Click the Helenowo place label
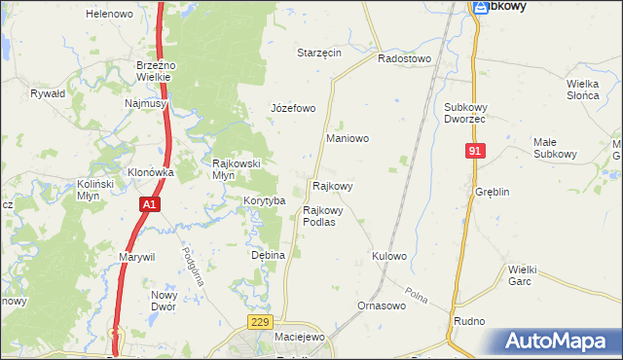pyautogui.click(x=109, y=15)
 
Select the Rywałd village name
pyautogui.click(x=47, y=94)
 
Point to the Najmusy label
pyautogui.click(x=146, y=102)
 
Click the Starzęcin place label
pyautogui.click(x=318, y=53)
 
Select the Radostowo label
pyautogui.click(x=404, y=58)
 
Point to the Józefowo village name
pyautogui.click(x=293, y=108)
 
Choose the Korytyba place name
pyautogui.click(x=264, y=200)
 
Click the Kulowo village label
pyautogui.click(x=388, y=256)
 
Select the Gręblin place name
pyautogui.click(x=493, y=192)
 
